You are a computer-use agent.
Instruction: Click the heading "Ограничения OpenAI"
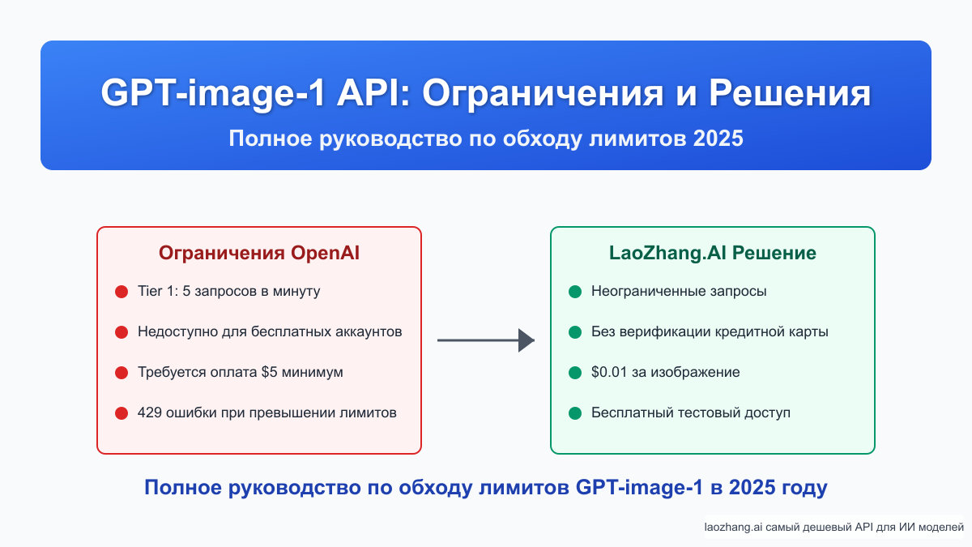259,253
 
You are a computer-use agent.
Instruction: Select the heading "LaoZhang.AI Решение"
712,253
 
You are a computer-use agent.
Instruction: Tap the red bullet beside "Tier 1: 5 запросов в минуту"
122,292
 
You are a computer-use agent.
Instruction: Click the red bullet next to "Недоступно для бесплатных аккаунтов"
122,332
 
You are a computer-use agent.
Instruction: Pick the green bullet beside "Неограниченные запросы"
575,292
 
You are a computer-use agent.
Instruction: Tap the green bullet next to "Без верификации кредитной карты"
575,332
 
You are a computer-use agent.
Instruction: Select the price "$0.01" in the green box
608,373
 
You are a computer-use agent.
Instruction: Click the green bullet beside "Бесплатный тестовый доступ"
575,413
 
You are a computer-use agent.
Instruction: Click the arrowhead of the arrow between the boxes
526,340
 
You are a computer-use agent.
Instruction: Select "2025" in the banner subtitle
718,139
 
